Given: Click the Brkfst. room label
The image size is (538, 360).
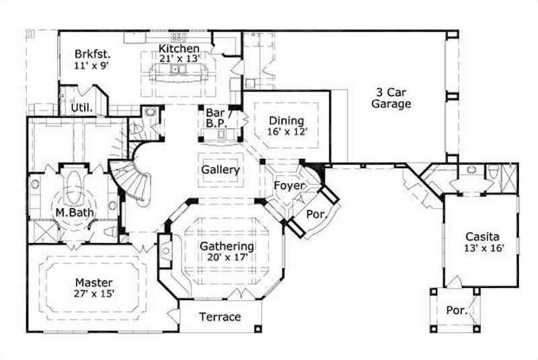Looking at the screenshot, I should coord(91,54).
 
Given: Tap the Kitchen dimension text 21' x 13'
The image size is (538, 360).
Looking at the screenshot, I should coord(179,59).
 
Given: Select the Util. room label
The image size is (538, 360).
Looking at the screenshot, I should coord(82,108).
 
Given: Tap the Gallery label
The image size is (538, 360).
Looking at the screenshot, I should coord(220,170).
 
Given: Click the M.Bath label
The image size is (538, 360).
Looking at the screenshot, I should coord(74,213).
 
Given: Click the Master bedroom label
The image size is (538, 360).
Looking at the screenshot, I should coord(93,283).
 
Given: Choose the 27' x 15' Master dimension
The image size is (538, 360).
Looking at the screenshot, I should coord(93,294).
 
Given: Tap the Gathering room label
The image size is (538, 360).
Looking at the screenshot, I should coord(227,246).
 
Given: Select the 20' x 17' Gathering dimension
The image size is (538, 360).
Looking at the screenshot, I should coord(227,258).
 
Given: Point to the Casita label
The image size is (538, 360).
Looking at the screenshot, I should coord(482,237).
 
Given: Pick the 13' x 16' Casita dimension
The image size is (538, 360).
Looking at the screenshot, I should coord(482,248).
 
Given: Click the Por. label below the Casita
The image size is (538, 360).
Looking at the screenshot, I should coord(455,310).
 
